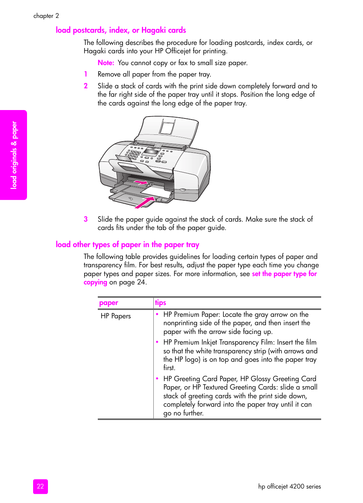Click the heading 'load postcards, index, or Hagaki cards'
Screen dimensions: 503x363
tap(121, 30)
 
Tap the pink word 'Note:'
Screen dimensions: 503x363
tap(106, 63)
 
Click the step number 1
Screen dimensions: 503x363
tap(86, 74)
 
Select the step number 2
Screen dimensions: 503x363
tap(86, 86)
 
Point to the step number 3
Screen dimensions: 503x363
tap(86, 219)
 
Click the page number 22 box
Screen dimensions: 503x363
tap(40, 486)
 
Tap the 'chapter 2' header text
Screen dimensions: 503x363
tap(46, 16)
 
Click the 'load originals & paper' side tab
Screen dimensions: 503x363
tap(14, 155)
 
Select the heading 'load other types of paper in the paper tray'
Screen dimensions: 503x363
tap(127, 244)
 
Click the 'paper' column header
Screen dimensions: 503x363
tap(108, 303)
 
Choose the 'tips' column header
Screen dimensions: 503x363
tap(161, 303)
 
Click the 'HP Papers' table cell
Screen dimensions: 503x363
tap(116, 316)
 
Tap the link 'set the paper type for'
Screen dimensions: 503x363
tap(284, 274)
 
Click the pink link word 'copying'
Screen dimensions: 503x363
tap(96, 282)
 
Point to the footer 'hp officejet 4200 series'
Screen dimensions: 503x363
tap(289, 486)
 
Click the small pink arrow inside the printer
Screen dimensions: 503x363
tap(141, 183)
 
